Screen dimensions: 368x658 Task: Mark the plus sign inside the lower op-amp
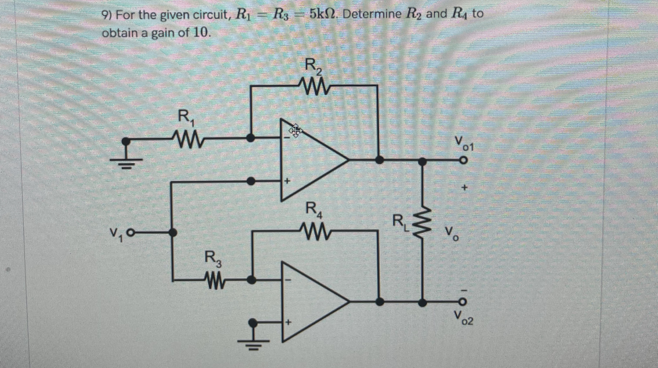click(x=288, y=323)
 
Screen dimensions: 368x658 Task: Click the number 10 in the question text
click(x=201, y=33)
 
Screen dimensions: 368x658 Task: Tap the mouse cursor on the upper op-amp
click(x=295, y=131)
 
